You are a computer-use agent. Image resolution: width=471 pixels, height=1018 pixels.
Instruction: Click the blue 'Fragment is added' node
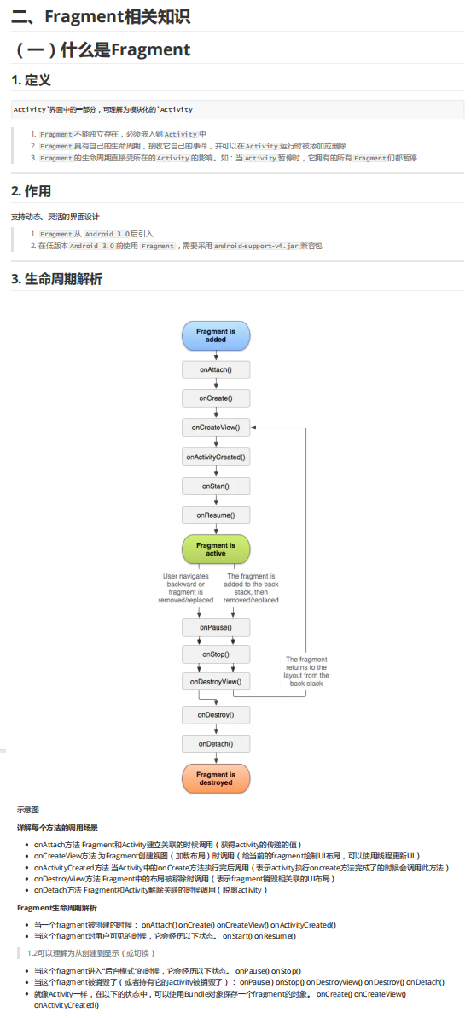click(x=215, y=335)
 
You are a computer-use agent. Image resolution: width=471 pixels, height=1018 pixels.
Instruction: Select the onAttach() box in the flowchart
click(x=215, y=370)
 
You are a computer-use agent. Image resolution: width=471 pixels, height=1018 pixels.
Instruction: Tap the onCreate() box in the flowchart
click(x=215, y=398)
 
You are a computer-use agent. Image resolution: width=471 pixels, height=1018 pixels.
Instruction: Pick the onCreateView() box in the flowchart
click(x=215, y=428)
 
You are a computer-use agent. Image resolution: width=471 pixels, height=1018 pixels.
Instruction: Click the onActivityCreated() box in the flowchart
click(x=215, y=457)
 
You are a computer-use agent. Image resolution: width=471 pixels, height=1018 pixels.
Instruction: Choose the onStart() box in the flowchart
click(x=215, y=486)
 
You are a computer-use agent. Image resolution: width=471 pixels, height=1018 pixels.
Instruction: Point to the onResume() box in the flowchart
click(x=215, y=515)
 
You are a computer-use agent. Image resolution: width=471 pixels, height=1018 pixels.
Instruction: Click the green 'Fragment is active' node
click(x=215, y=550)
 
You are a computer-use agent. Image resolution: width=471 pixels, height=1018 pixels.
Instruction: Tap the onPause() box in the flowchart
click(x=215, y=627)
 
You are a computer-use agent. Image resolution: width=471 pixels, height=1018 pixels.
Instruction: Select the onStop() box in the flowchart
click(x=215, y=654)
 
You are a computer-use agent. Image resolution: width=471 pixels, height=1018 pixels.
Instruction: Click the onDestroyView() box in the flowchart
click(x=215, y=682)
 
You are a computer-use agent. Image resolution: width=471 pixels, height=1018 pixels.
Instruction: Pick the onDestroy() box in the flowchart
click(x=215, y=715)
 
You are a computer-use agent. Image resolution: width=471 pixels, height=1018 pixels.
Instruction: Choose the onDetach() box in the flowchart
click(x=215, y=743)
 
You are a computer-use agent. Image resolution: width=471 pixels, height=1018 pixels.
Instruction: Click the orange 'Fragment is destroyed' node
click(x=215, y=778)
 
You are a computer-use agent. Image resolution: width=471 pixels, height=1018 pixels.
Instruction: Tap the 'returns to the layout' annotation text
click(x=306, y=671)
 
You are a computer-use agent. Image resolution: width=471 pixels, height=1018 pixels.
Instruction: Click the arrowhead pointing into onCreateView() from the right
click(x=253, y=428)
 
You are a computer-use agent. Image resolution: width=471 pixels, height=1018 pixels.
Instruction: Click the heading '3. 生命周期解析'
click(x=56, y=279)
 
